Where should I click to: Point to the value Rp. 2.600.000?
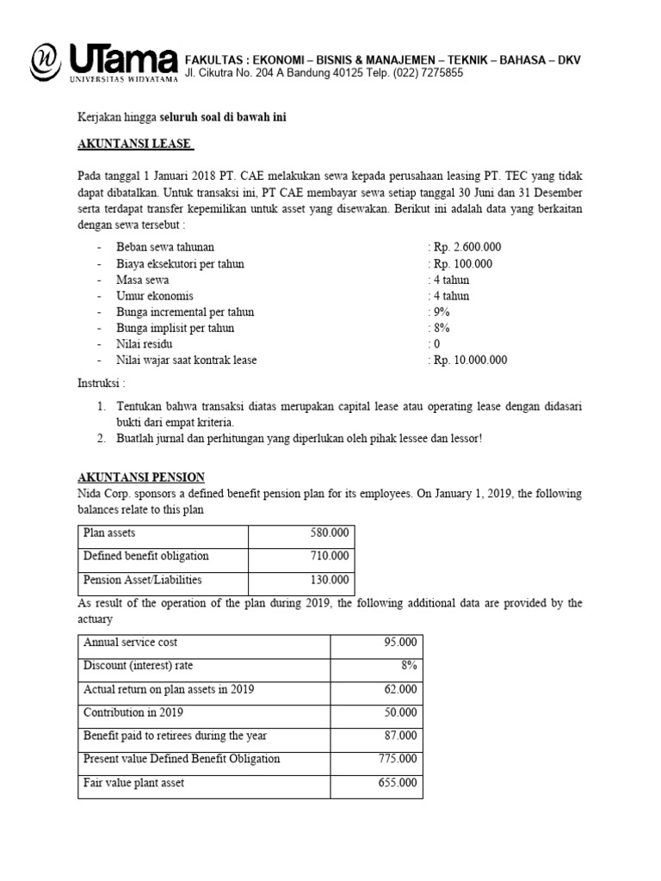[466, 248]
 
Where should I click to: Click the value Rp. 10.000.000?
[469, 360]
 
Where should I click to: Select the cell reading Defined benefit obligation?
[145, 557]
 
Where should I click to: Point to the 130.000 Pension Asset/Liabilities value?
[330, 580]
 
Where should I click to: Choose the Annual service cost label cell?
[130, 643]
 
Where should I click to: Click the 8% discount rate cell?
[405, 666]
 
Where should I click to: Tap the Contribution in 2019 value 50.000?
[401, 713]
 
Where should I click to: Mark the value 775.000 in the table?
[398, 760]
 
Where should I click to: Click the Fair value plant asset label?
[133, 783]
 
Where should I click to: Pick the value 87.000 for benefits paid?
[401, 736]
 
